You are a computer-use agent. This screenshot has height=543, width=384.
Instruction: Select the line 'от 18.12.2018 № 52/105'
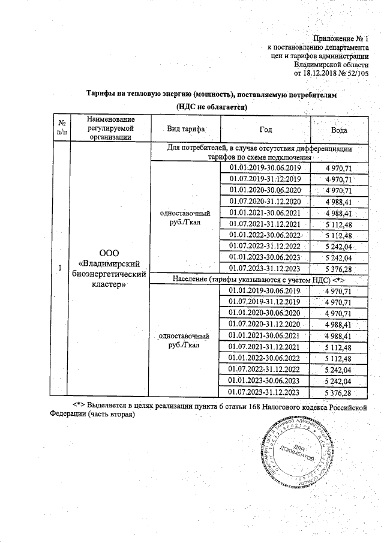click(x=331, y=73)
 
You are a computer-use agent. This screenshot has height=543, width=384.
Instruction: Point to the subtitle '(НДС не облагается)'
click(x=212, y=107)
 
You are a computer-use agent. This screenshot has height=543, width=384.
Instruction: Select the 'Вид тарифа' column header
click(x=186, y=129)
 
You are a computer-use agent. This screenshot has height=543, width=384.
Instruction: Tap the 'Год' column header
click(x=266, y=130)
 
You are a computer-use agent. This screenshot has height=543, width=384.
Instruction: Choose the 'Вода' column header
click(x=340, y=130)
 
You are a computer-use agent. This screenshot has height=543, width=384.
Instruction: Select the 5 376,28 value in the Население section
click(x=337, y=392)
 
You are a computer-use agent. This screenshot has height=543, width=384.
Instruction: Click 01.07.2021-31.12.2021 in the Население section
click(x=265, y=346)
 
